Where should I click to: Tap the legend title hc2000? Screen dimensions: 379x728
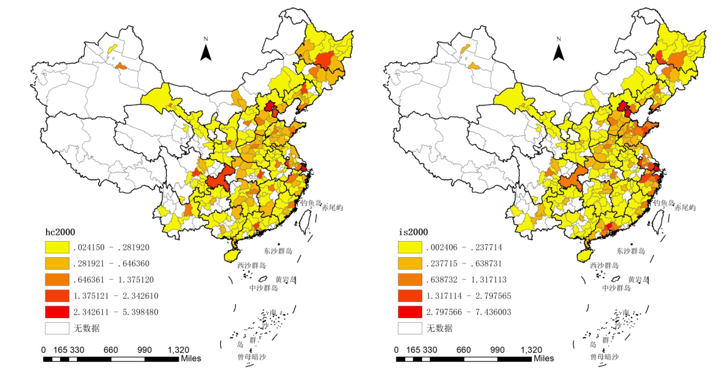tap(60, 231)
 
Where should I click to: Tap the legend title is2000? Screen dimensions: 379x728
tap(413, 231)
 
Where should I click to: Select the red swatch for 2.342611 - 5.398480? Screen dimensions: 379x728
tap(56, 312)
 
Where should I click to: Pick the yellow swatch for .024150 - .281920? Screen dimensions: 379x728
tap(56, 248)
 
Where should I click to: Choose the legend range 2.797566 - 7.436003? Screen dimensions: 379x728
tap(468, 312)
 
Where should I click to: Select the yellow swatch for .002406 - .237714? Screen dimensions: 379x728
tap(410, 248)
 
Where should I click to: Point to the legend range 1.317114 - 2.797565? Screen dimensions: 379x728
tap(468, 296)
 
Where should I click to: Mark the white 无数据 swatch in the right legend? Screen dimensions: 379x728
tap(410, 328)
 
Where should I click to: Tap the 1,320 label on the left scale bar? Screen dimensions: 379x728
tap(178, 350)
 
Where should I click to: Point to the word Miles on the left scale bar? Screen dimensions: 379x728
tap(190, 358)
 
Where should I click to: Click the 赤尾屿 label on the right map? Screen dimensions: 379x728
tap(685, 208)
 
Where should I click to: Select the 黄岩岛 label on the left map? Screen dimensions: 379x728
tap(286, 280)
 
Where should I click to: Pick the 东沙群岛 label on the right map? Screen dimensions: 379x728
tap(631, 251)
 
